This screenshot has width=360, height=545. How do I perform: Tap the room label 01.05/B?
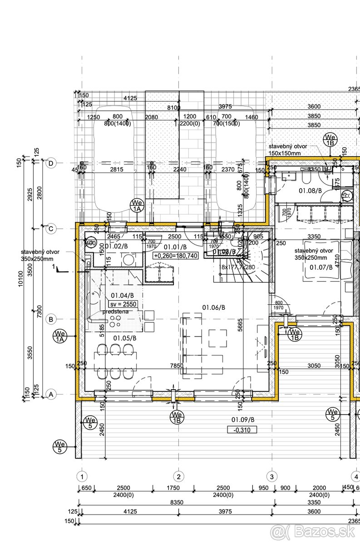tap(125, 338)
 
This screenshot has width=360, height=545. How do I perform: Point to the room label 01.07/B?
tap(321, 267)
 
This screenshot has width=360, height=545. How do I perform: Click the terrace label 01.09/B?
tap(243, 420)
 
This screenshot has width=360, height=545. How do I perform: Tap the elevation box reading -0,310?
tap(242, 430)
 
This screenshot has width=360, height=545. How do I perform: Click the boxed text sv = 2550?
tap(123, 304)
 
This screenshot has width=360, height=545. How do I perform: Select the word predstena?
tap(115, 312)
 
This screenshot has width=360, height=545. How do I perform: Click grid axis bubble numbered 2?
tap(179, 476)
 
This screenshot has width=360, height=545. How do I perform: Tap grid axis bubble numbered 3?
tap(271, 476)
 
